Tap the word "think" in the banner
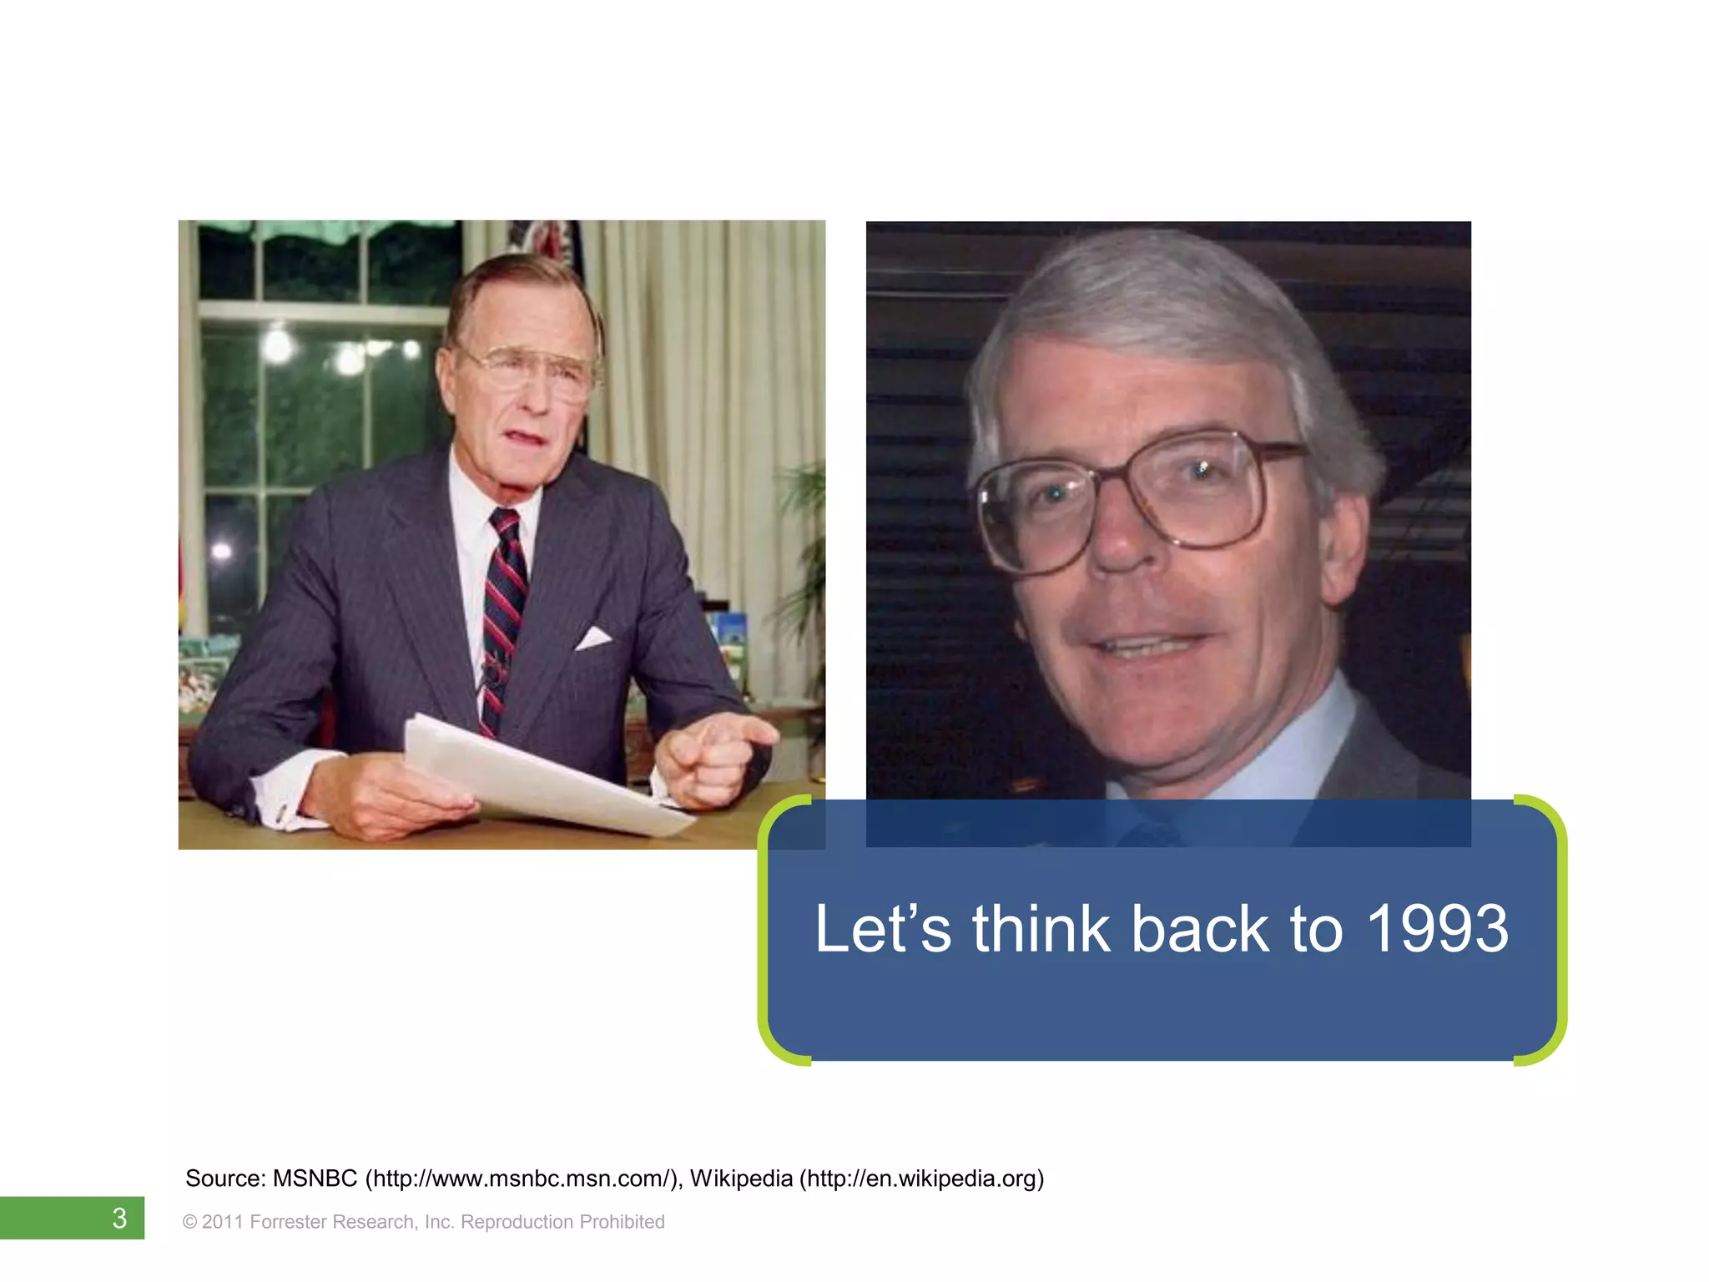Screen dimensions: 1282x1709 [x=1041, y=929]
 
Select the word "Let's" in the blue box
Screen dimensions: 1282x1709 [x=882, y=929]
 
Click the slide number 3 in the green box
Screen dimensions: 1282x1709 [x=119, y=1219]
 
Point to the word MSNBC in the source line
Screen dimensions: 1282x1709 [x=315, y=1179]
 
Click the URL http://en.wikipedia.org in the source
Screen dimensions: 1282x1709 [x=922, y=1179]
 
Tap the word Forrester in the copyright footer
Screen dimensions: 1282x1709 [x=287, y=1222]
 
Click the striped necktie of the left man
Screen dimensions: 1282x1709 [x=504, y=609]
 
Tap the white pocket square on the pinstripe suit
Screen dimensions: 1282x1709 [x=593, y=638]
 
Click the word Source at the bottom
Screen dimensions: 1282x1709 [x=224, y=1179]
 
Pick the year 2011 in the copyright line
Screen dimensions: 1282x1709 [x=222, y=1222]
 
